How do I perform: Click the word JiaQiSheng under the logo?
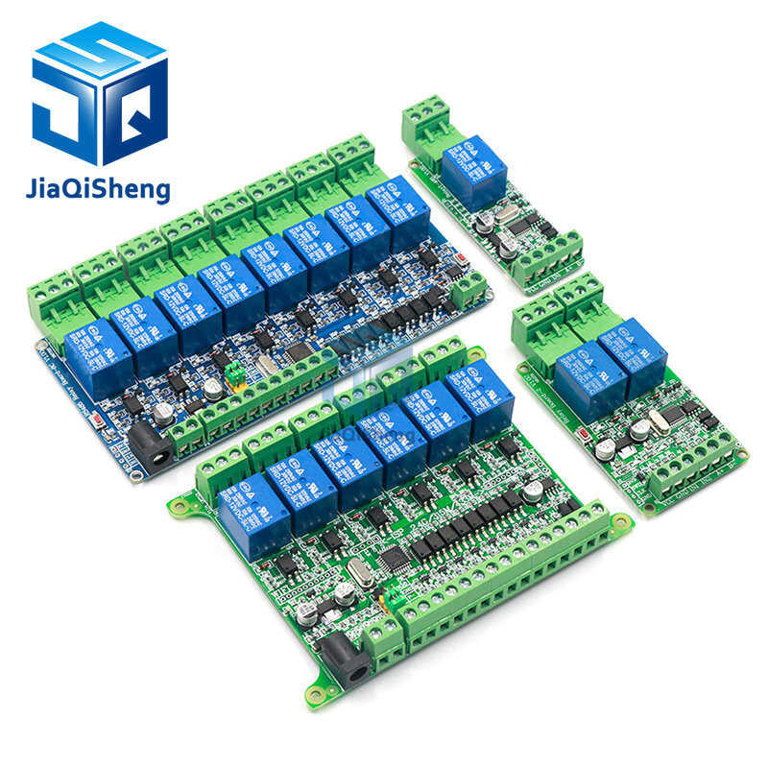[x=99, y=187]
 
